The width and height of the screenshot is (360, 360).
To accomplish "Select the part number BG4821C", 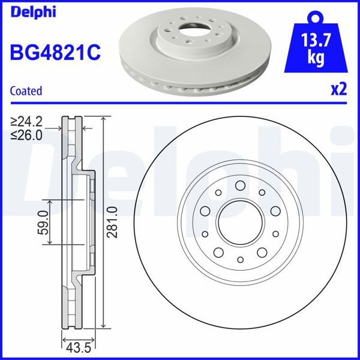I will (54, 52).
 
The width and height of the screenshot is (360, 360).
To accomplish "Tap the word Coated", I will (26, 91).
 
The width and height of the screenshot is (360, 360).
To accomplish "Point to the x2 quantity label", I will (339, 90).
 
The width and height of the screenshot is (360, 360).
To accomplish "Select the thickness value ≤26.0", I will (27, 135).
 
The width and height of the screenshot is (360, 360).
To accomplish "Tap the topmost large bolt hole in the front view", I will (239, 185).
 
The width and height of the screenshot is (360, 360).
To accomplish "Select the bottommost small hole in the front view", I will (239, 260).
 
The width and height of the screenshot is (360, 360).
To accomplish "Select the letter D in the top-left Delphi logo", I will (14, 12).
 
